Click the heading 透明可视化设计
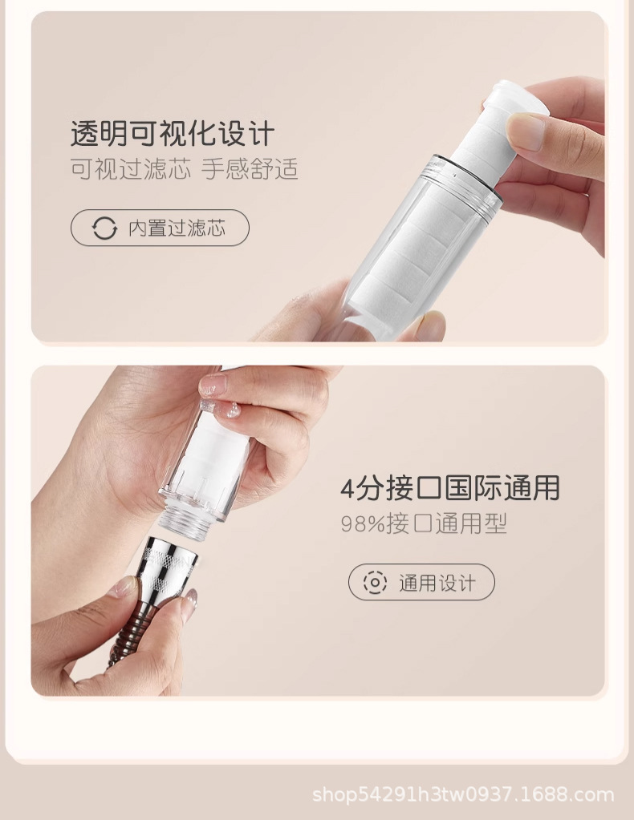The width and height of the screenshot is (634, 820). point(173,134)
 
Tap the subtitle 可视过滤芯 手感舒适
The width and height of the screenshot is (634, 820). point(185,169)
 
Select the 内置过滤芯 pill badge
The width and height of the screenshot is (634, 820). point(160,228)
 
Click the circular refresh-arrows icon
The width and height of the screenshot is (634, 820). point(104,228)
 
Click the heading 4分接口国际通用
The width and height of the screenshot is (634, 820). point(450,488)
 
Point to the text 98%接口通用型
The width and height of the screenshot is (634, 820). point(424,523)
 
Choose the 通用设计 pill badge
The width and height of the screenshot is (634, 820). point(421,582)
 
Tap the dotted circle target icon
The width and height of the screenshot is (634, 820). point(375,582)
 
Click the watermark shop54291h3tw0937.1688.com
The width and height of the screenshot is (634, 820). point(463,795)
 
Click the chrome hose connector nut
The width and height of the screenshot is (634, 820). point(168,568)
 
